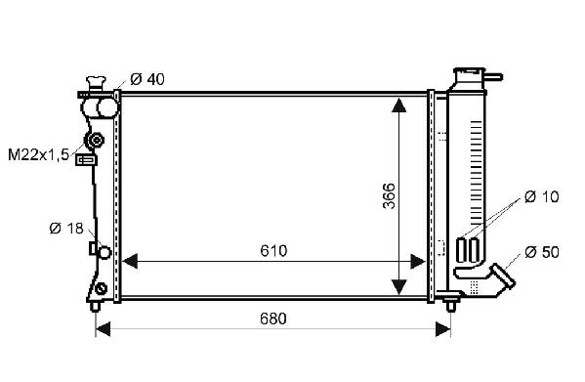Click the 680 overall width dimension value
point(273,318)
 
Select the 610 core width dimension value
point(273,251)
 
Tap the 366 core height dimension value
point(389,195)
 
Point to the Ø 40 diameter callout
point(147,79)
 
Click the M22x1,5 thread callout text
point(39,154)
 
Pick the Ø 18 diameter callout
point(66,229)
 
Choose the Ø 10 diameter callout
point(542,196)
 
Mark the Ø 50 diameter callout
point(542,252)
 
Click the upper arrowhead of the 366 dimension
point(399,105)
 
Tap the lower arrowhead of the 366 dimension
point(399,287)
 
